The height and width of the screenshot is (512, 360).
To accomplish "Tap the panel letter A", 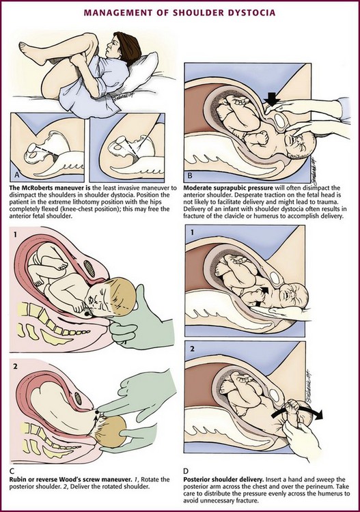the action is [x=17, y=175].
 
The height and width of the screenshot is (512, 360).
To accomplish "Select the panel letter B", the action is [x=190, y=176].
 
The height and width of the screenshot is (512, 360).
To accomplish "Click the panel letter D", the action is [x=186, y=471].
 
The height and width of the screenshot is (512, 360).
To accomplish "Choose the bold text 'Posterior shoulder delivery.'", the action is [x=223, y=480].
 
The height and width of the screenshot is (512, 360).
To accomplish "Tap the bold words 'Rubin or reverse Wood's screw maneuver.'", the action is [x=70, y=480].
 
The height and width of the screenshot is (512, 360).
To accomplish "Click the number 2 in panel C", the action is [x=15, y=367].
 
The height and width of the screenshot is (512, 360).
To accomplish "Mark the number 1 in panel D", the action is [x=192, y=232].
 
